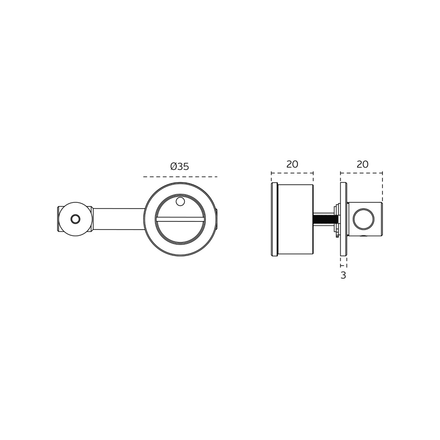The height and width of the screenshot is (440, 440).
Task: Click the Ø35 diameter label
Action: click(x=180, y=166)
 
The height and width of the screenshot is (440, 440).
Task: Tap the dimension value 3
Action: click(x=343, y=275)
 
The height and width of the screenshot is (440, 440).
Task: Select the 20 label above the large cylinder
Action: click(x=292, y=164)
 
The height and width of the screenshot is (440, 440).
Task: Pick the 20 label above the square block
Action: click(x=362, y=164)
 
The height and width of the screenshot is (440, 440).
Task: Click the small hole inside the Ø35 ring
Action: click(x=180, y=201)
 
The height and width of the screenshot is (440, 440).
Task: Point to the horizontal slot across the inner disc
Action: click(x=180, y=219)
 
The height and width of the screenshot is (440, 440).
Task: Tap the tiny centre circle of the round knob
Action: click(x=76, y=219)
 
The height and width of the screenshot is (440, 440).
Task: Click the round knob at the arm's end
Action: click(x=76, y=219)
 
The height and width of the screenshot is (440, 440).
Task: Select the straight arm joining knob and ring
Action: click(x=119, y=219)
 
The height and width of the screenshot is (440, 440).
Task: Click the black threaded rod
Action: click(x=324, y=219)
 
